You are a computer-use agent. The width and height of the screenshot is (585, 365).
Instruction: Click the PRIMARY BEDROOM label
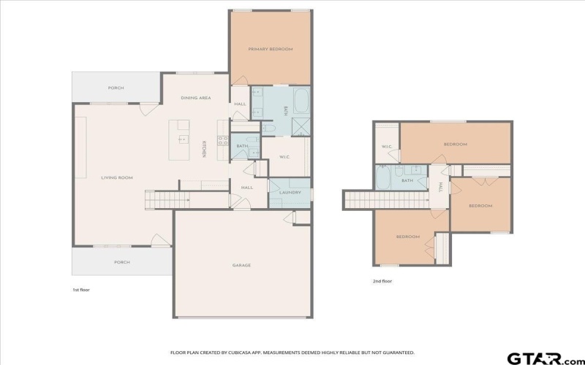270,49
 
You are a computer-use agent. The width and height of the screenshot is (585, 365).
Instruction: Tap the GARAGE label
241,265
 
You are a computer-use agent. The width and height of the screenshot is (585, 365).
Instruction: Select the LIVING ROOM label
116,177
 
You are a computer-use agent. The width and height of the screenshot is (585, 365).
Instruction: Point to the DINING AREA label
196,98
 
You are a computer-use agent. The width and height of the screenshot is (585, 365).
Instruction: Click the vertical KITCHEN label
204,149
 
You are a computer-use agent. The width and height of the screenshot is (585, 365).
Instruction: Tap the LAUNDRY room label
290,192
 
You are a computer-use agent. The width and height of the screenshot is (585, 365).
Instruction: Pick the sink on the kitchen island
183,139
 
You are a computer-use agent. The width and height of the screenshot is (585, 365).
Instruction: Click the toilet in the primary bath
268,129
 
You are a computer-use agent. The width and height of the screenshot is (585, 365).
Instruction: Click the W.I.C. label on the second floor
387,147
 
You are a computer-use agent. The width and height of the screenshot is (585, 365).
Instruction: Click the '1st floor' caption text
80,290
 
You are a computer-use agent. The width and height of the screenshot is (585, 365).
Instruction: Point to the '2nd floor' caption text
382,281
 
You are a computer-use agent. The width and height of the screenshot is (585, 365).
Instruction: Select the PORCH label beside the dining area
116,88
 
